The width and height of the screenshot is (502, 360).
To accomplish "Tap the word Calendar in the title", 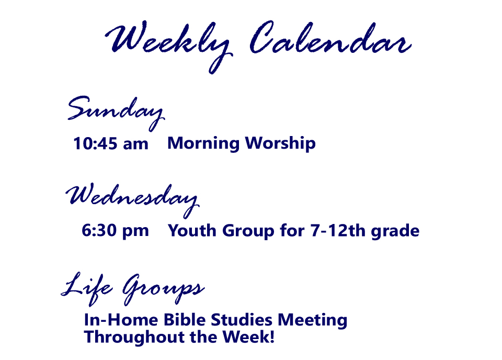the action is pos(330,38).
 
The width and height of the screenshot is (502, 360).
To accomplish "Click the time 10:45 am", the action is pos(111,143).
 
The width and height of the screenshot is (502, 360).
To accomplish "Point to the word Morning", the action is pos(203,143).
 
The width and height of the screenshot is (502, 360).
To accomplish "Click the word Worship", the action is pos(280,143).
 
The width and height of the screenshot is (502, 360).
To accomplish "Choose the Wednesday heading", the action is pos(132,200).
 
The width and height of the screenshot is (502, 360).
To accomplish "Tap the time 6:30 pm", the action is pos(115,231).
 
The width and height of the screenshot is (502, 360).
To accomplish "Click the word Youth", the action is pos(192,230).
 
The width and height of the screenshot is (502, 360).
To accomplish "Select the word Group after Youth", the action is pos(248,231).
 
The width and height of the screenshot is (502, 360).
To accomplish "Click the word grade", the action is pos(395,231).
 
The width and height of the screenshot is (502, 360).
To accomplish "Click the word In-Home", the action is pos(121,320).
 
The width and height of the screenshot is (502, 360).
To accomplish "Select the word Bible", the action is pos(185,320).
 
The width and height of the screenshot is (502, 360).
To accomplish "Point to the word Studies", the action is pos(242,320).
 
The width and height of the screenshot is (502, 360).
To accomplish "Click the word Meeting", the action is pos(313,320).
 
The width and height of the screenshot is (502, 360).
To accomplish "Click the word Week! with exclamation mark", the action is pos(249,336).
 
